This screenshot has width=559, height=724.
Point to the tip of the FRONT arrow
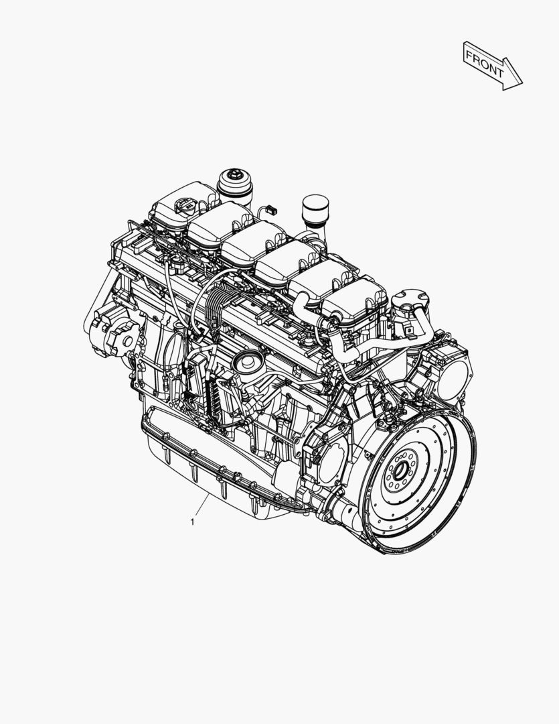pyautogui.click(x=521, y=83)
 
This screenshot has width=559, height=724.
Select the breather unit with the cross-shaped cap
pyautogui.click(x=406, y=305)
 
